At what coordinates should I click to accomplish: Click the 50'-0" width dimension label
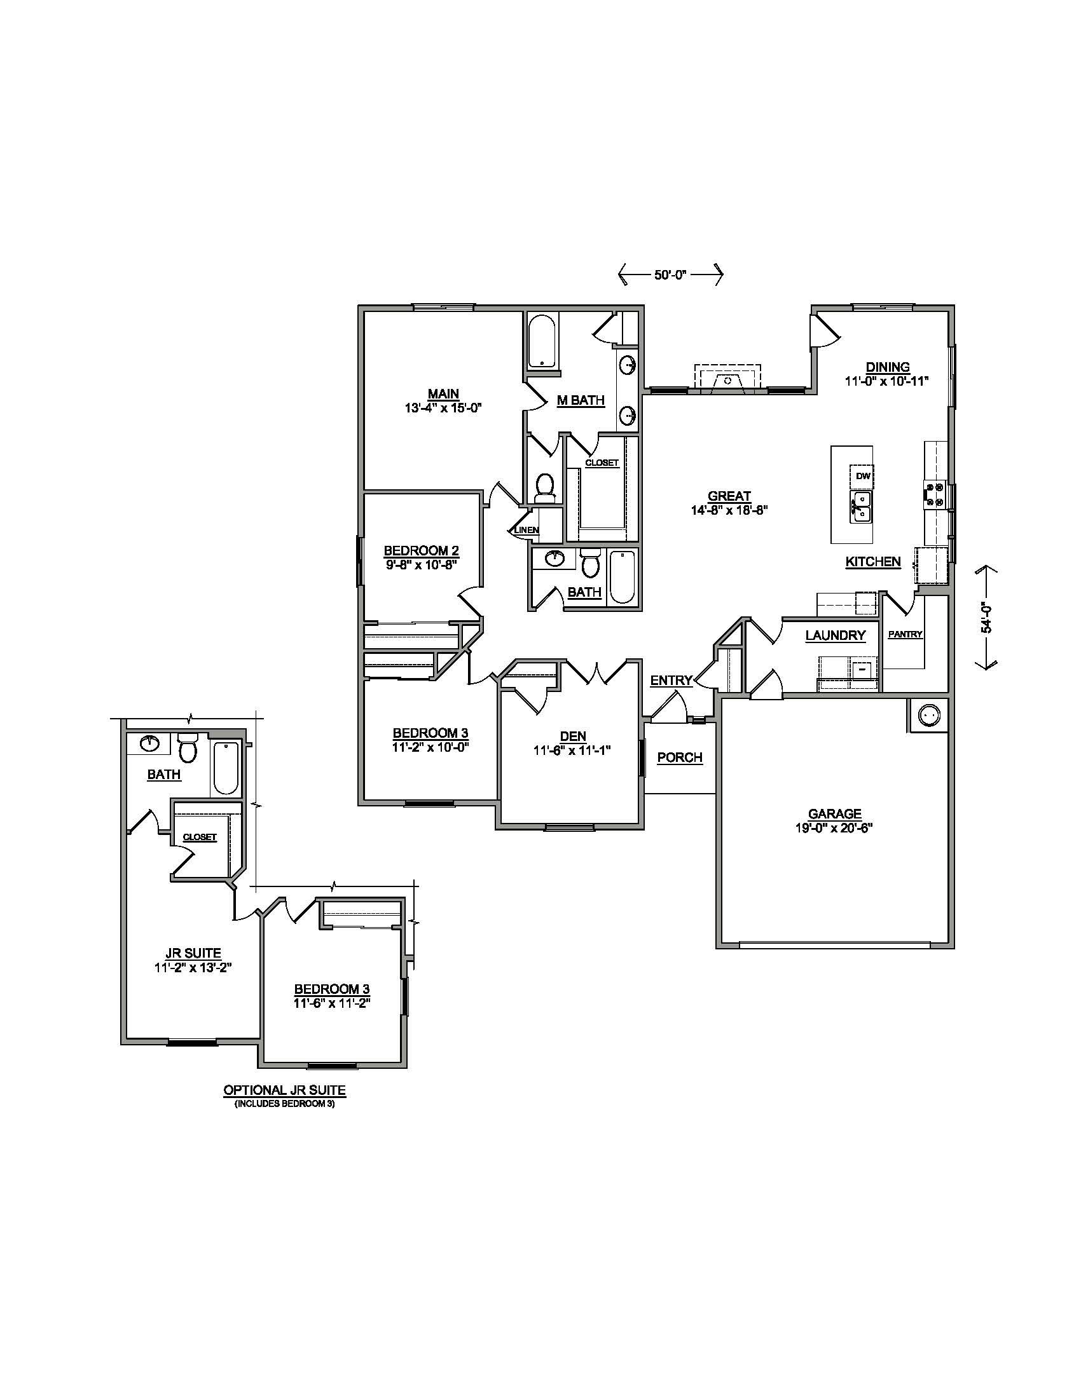[670, 275]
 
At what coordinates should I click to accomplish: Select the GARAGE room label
[834, 814]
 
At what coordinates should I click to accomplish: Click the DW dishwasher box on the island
[862, 475]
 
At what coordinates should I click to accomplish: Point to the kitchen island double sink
[862, 507]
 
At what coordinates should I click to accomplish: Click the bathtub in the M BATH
[543, 341]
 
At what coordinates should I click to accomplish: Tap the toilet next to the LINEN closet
[545, 487]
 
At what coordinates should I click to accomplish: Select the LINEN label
[527, 530]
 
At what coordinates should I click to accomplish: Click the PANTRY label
[905, 634]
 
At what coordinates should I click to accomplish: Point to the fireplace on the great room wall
[728, 379]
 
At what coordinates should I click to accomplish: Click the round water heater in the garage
[927, 714]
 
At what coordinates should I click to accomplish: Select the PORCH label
[680, 757]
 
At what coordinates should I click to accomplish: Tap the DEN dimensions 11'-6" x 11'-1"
[572, 751]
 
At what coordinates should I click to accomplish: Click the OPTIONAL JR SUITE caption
[284, 1089]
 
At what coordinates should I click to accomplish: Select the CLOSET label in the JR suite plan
[200, 837]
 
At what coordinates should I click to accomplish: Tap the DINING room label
[888, 367]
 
